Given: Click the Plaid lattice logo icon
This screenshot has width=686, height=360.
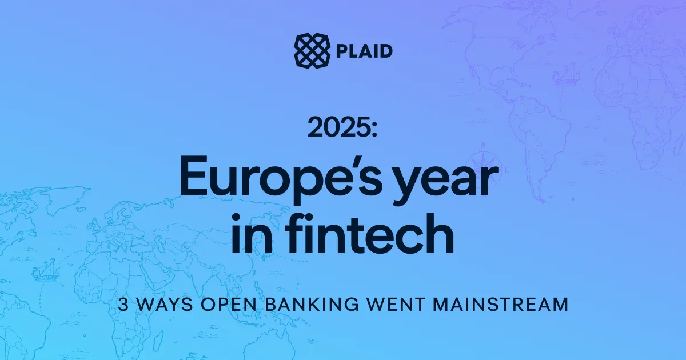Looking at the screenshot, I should coord(312,50).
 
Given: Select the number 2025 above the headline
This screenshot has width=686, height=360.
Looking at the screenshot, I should coord(337,127).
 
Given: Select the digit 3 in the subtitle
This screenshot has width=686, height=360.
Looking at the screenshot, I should coord(123,304).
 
